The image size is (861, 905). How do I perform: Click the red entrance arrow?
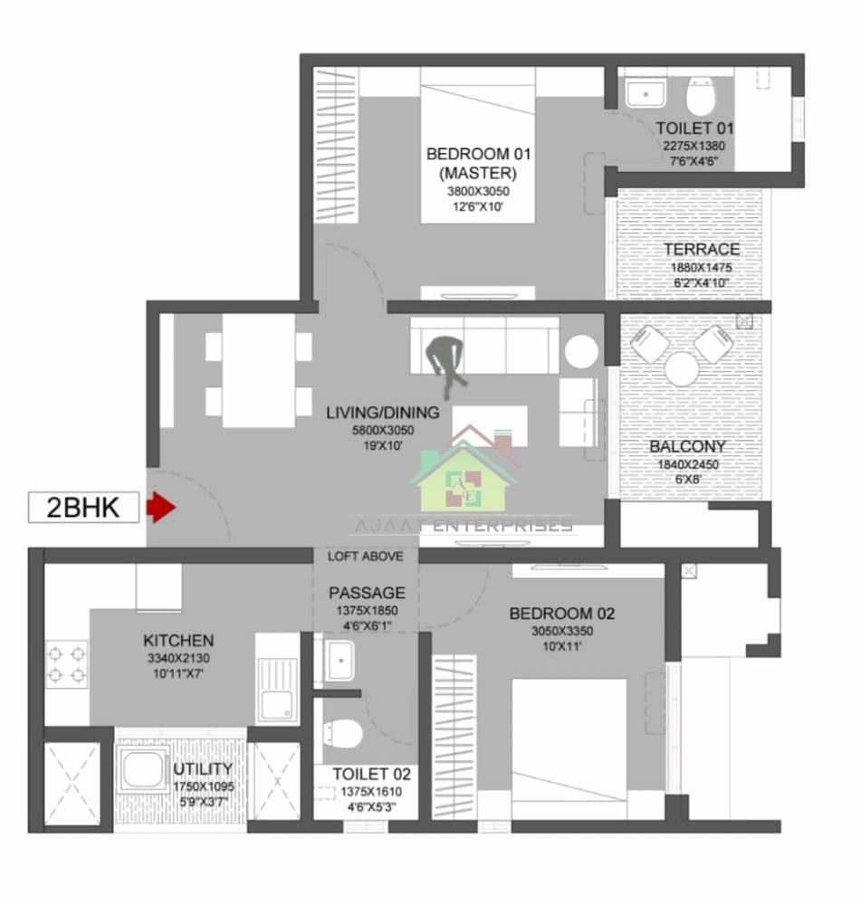click(160, 507)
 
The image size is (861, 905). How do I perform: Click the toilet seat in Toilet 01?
click(700, 95)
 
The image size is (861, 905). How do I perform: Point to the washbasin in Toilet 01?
click(646, 92)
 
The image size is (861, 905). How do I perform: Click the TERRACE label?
click(701, 249)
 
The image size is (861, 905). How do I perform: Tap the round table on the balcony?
click(681, 368)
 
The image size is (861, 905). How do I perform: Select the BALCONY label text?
click(687, 446)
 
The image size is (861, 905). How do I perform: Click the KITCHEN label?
click(178, 640)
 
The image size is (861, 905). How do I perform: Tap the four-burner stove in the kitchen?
click(66, 663)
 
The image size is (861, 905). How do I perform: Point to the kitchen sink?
click(277, 688)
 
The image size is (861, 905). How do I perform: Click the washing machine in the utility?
click(144, 769)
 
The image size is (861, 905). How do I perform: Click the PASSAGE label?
click(367, 593)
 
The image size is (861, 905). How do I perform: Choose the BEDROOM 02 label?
click(561, 614)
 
